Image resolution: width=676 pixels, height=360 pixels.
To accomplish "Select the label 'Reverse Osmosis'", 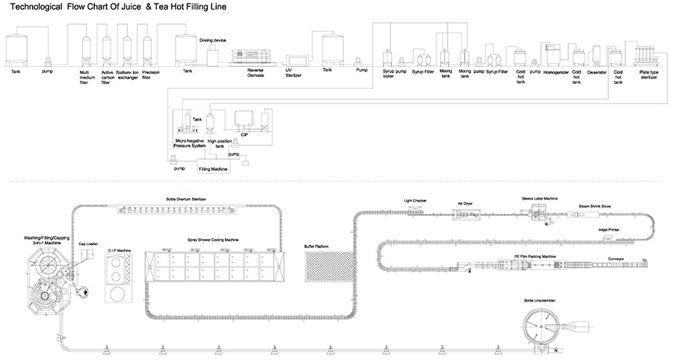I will [256, 73].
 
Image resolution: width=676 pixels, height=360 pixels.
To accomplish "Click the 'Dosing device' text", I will [212, 40].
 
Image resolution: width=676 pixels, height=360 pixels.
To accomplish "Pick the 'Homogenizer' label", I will [555, 72].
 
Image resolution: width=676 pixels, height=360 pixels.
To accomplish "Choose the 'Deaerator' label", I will [597, 72].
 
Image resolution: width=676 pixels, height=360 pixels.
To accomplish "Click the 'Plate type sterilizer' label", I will [649, 74].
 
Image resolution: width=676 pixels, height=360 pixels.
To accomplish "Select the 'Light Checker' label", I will [415, 201].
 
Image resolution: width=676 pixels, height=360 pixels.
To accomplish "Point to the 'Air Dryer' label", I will [465, 203].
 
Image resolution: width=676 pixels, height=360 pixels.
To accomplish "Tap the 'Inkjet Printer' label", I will [608, 230].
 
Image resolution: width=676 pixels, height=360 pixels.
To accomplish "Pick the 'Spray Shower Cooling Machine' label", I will [212, 241].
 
